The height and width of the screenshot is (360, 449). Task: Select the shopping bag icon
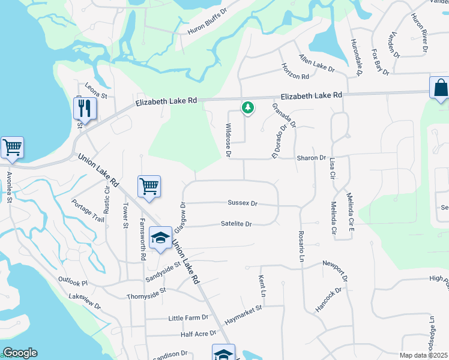tap(440, 88)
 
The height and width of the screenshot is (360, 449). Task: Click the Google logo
tap(20, 353)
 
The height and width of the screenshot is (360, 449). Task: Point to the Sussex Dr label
tap(243, 203)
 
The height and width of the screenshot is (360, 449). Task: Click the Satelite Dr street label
tap(236, 224)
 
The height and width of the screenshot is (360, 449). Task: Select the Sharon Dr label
tap(311, 158)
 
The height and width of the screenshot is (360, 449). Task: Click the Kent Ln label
tap(262, 287)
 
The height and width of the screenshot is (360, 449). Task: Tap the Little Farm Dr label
tap(188, 317)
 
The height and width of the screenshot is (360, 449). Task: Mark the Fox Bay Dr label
tap(381, 62)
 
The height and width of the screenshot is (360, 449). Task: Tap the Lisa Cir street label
tap(331, 169)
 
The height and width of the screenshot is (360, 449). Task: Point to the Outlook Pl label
tap(73, 281)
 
